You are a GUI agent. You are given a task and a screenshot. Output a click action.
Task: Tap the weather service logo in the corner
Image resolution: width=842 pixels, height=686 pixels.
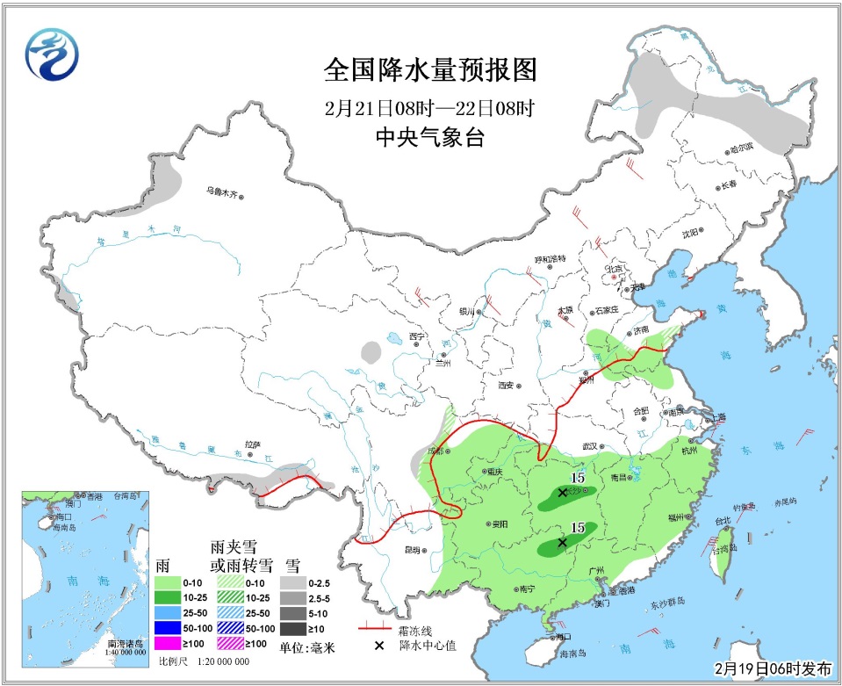pyautogui.click(x=50, y=54)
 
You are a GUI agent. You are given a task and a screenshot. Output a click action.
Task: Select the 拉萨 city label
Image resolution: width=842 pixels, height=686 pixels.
pyautogui.click(x=254, y=445)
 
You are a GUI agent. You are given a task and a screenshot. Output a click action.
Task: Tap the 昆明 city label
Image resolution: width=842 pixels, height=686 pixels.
pyautogui.click(x=411, y=551)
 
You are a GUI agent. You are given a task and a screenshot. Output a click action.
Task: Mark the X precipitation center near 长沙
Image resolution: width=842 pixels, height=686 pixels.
pyautogui.click(x=562, y=494)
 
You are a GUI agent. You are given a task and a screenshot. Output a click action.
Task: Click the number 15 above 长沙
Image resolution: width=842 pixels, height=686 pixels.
pyautogui.click(x=577, y=477)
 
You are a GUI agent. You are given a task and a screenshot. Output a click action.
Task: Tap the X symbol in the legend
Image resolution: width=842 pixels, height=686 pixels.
pyautogui.click(x=379, y=646)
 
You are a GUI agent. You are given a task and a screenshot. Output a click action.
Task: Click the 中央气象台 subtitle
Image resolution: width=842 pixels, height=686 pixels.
pyautogui.click(x=429, y=138)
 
